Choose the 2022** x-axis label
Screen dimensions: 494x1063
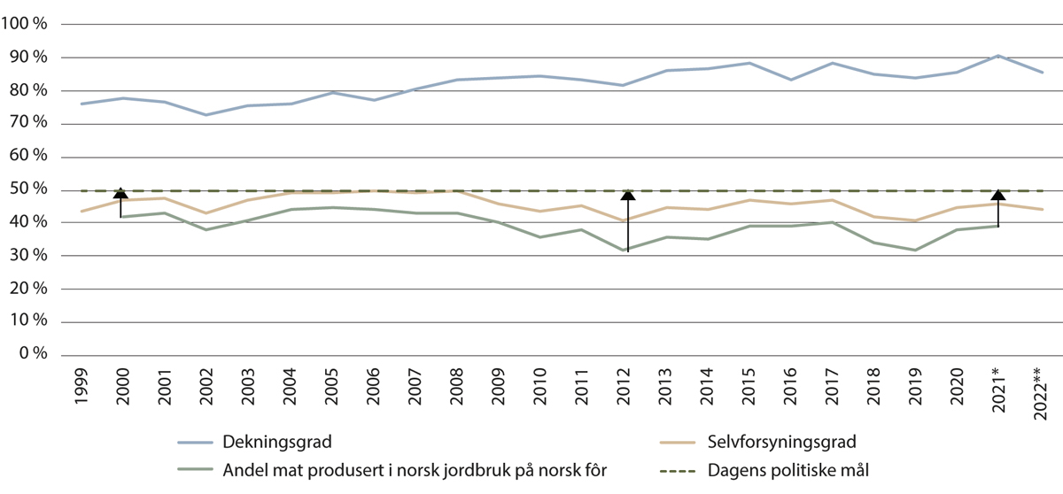(1041, 390)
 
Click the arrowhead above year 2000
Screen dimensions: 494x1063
(120, 193)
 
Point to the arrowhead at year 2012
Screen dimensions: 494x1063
(627, 195)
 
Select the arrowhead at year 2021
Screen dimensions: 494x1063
(998, 195)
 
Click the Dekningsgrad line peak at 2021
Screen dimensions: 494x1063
(998, 56)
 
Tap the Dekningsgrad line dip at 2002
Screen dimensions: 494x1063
(205, 115)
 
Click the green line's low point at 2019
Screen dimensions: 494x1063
(915, 250)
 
